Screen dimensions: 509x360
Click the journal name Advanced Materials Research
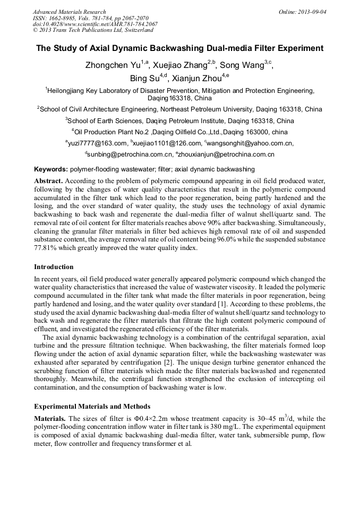click(69, 12)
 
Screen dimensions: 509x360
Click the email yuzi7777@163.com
click(97, 143)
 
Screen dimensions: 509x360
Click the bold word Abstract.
click(48, 181)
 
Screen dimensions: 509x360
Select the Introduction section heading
click(54, 266)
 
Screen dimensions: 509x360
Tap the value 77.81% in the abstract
click(45, 248)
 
